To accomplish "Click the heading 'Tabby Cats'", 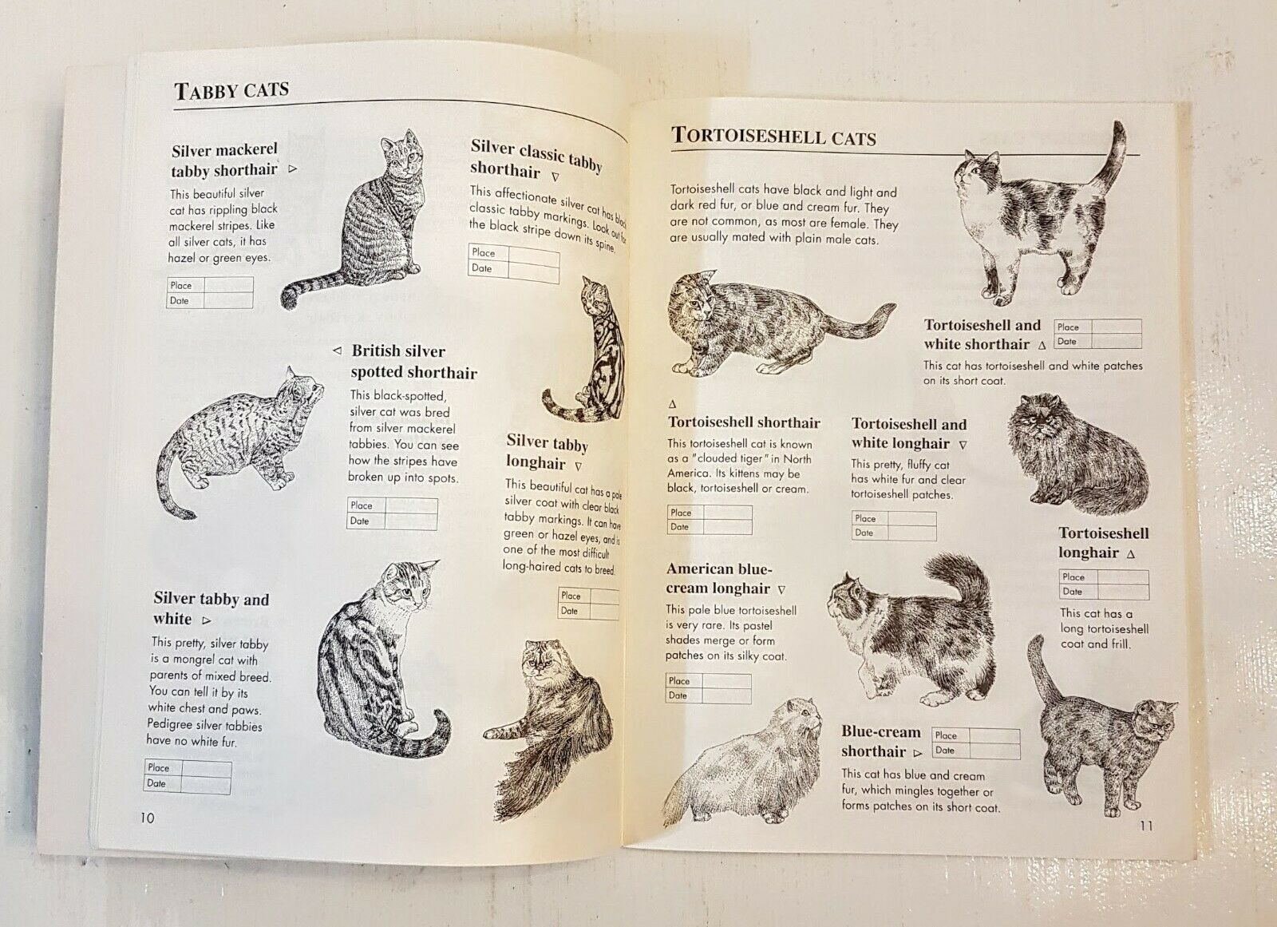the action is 231,90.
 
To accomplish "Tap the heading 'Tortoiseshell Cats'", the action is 773,137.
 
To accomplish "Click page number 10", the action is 147,818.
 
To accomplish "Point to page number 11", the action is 1146,826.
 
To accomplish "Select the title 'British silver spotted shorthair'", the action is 414,362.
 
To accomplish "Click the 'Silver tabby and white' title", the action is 211,608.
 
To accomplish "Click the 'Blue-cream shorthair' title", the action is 881,741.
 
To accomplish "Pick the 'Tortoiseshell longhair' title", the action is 1104,542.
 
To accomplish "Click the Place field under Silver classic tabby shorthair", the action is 534,256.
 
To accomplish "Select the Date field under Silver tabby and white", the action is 206,784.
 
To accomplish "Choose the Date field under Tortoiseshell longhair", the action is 1123,592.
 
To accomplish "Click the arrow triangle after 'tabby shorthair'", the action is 292,168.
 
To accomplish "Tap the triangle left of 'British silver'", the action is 338,351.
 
